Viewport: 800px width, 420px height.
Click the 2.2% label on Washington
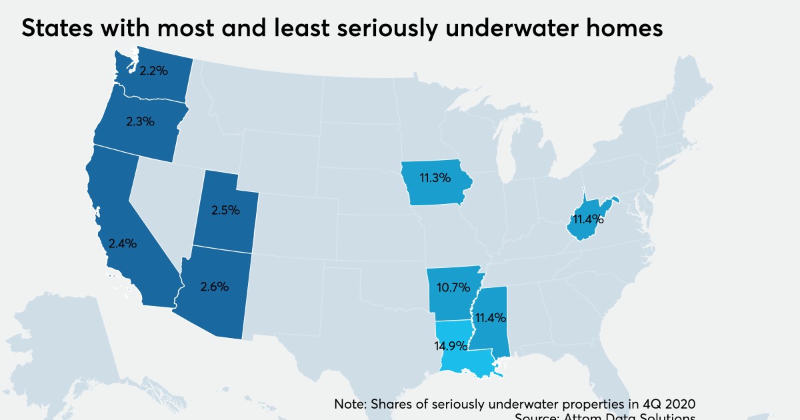pos(152,69)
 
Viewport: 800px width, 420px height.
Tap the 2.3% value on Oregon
pos(141,121)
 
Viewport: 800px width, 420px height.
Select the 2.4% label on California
pos(123,243)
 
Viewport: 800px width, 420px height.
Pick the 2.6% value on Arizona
pos(215,287)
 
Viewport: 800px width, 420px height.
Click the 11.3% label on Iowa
pos(435,178)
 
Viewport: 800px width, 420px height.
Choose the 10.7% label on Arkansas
pos(453,289)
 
